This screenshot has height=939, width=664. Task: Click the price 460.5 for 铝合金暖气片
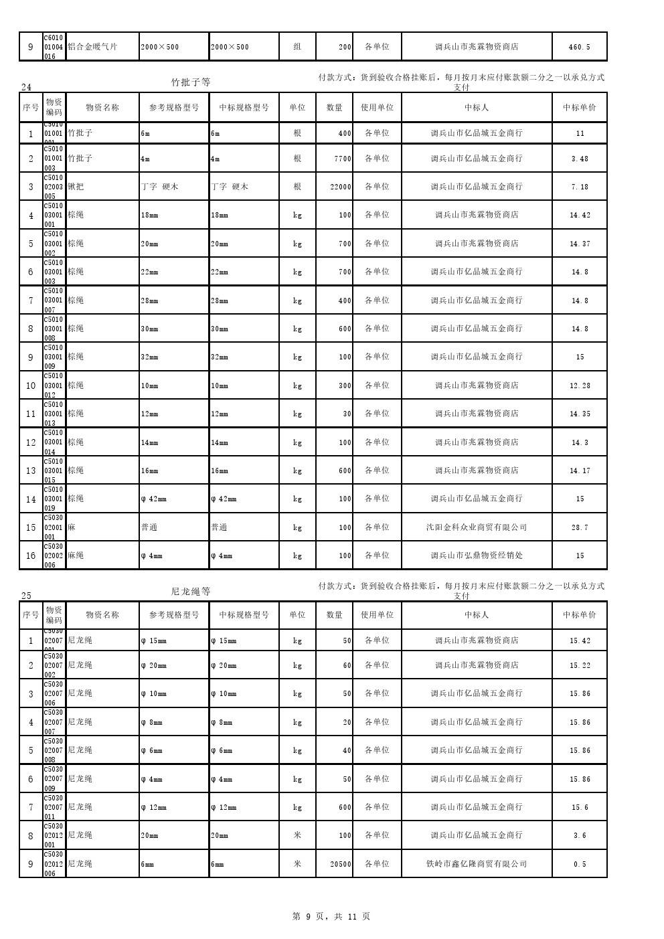point(579,48)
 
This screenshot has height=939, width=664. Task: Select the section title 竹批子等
point(191,82)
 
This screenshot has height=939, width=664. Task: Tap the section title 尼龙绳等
point(191,592)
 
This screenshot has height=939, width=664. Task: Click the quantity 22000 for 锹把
point(341,187)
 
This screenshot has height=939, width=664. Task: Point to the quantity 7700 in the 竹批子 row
point(343,159)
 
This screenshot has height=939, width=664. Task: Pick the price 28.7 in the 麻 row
point(580,527)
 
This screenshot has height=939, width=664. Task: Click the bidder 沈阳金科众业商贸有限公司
point(477,527)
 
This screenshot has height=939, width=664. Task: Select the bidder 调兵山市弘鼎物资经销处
point(477,556)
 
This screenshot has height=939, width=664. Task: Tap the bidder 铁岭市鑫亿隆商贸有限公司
point(477,864)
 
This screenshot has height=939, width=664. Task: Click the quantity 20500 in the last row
point(341,864)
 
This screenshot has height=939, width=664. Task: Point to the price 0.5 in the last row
point(580,864)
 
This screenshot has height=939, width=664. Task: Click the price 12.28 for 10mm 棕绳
point(580,386)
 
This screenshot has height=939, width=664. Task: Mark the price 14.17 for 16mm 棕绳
point(580,471)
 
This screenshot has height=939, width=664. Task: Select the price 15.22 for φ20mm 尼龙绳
point(580,665)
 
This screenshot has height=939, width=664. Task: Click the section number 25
point(26,596)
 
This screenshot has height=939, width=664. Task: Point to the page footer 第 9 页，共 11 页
point(331,916)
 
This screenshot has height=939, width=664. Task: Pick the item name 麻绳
point(76,556)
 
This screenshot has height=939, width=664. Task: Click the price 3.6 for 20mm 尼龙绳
point(580,835)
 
